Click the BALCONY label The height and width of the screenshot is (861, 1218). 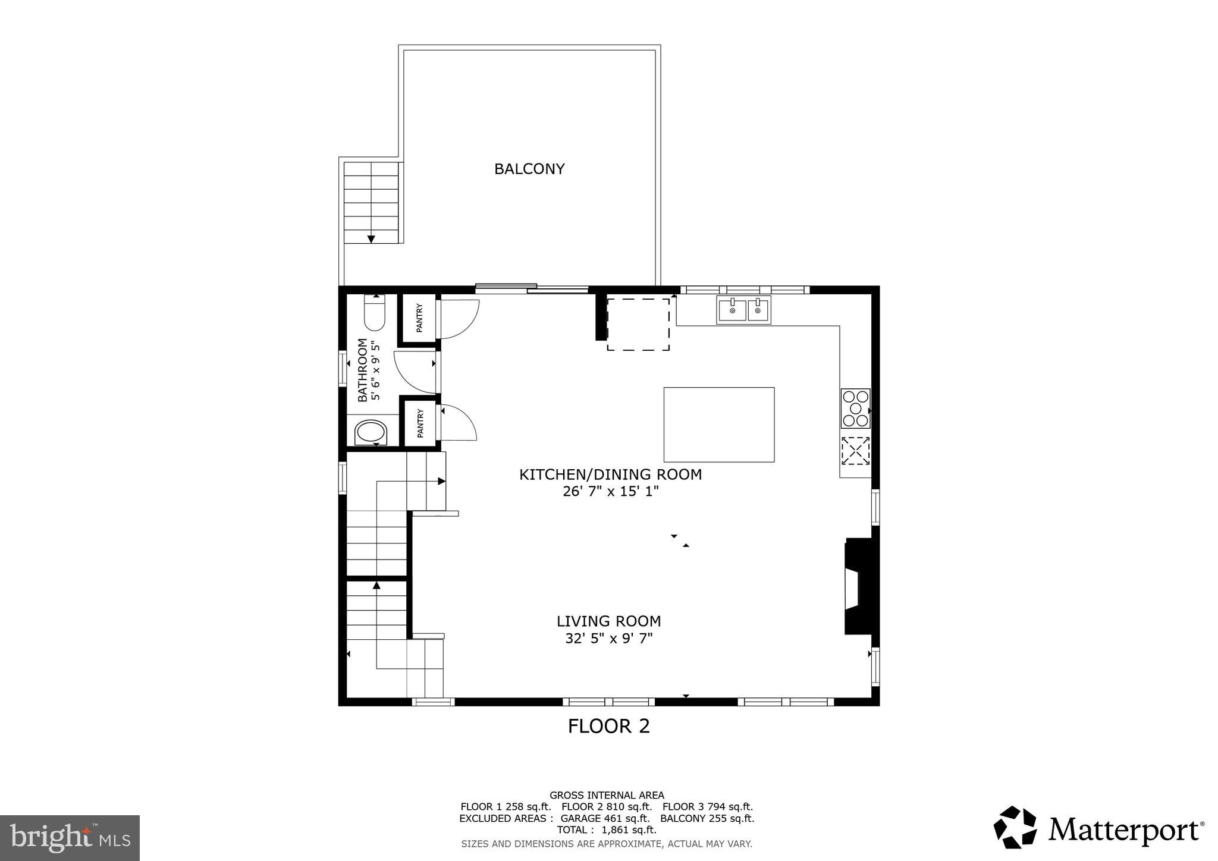529,169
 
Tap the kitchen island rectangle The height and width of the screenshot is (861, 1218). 718,424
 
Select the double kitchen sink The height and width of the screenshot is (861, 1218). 743,310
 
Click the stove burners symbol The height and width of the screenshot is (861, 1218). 855,408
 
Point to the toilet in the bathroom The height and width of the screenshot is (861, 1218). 375,313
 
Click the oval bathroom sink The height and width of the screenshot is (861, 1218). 370,433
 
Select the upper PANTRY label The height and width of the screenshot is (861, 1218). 420,318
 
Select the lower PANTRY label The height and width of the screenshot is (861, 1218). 420,423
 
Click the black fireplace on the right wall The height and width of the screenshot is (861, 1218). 859,586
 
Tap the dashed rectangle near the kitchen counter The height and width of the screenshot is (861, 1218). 638,324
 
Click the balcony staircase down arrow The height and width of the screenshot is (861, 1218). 371,238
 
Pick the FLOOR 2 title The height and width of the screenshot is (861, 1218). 608,726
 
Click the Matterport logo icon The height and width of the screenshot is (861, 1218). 1015,827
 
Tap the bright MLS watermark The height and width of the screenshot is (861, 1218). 70,838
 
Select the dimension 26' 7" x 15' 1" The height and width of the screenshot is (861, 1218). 610,492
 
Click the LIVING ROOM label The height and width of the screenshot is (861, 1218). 608,621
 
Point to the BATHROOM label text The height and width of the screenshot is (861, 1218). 362,370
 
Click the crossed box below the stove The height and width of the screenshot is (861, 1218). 855,451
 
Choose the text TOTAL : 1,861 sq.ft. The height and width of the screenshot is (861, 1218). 606,829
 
